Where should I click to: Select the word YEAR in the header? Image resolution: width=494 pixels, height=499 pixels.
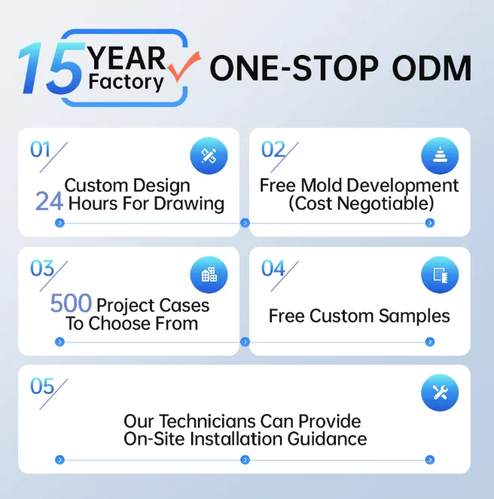126,56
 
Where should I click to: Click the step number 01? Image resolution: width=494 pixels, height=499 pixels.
40,149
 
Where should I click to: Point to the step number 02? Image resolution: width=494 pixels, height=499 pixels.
273,149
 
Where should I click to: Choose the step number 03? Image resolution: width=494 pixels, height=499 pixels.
41,268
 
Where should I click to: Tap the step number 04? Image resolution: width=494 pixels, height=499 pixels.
273,268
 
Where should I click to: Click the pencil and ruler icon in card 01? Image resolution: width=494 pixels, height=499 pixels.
209,157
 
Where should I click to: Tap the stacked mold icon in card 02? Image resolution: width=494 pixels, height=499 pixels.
439,157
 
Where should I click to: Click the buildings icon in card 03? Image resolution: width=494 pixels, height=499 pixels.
209,275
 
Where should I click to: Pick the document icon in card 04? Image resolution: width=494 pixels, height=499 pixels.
439,275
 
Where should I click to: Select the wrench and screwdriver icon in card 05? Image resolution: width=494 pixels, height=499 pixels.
439,393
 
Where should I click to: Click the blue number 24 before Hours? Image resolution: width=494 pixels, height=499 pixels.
49,202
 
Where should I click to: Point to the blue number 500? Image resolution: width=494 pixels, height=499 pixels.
71,304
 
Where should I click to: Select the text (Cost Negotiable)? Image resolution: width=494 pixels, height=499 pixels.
360,203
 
